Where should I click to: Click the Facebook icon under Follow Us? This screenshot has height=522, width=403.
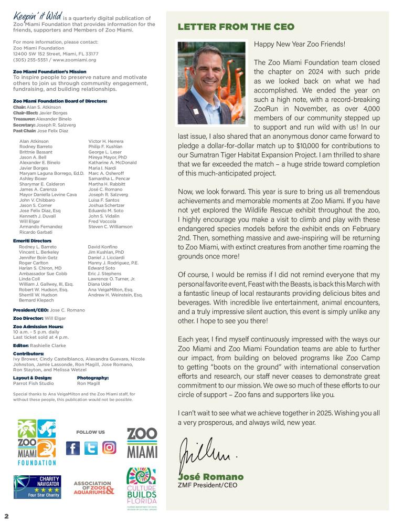coord(73,448)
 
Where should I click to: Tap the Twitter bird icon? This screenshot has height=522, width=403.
coord(91,448)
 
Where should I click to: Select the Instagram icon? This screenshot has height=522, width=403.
coord(109,448)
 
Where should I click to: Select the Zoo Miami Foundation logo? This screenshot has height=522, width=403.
coord(37,442)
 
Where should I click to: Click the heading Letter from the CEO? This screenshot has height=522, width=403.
coord(236,27)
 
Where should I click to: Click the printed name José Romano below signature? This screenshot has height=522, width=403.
coord(211,477)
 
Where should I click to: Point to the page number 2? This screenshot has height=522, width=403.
coord(6,515)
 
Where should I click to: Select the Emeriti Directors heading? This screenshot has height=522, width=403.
coord(32,241)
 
